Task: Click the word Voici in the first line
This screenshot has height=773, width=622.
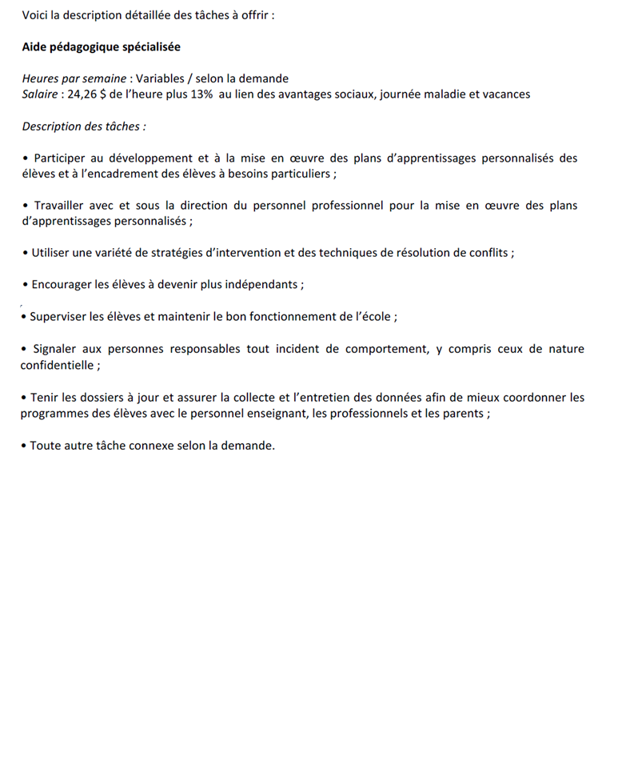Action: coord(37,15)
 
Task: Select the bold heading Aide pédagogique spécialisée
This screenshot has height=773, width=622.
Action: coord(102,47)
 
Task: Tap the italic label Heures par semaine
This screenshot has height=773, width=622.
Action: coord(74,78)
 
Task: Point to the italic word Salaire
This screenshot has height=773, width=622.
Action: coord(40,94)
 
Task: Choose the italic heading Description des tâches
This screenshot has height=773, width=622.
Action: coord(83,126)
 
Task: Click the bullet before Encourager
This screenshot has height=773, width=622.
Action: coord(26,285)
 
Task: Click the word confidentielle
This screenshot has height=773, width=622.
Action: coord(56,365)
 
